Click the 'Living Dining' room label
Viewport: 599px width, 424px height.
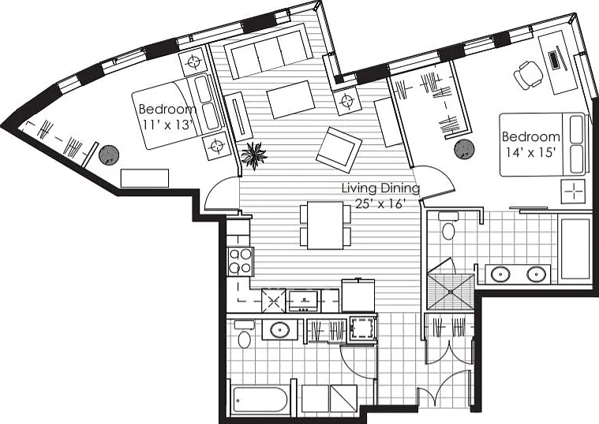(380, 188)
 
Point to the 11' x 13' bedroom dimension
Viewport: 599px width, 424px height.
(166, 125)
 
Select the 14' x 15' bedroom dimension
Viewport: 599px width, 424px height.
(530, 152)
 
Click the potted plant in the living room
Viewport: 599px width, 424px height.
(254, 154)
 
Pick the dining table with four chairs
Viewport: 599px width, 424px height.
(325, 225)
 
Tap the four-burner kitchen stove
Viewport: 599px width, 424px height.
(240, 262)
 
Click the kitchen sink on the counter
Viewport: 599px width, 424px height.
(303, 300)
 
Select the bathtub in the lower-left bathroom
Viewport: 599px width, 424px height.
(260, 400)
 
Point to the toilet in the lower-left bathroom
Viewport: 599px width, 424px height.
(244, 336)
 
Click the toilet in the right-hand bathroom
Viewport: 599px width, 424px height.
(448, 227)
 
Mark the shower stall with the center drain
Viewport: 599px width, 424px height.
(451, 291)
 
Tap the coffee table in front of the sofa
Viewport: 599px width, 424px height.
(290, 99)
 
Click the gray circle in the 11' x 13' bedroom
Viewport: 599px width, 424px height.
(109, 155)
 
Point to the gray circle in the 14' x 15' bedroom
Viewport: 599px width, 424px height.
(465, 149)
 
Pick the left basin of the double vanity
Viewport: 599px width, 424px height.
(500, 274)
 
